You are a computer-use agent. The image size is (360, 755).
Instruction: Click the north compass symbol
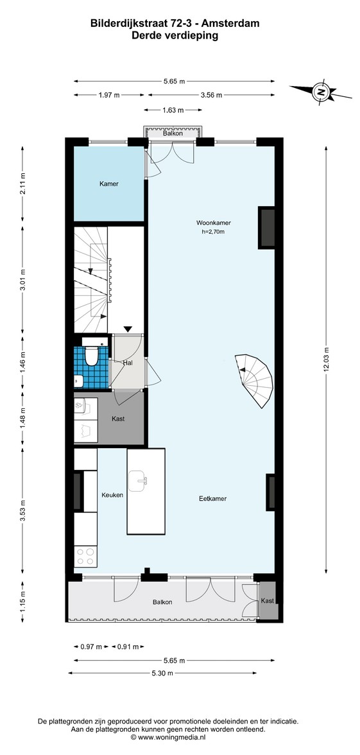320,91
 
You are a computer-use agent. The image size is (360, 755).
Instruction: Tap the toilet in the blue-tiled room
90,355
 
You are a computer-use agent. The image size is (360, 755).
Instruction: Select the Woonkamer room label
214,223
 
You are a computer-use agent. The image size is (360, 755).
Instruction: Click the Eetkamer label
213,498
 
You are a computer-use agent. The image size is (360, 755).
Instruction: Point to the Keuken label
112,494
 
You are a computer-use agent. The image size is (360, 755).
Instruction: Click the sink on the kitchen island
139,480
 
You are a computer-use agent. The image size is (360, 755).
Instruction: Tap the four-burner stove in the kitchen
86,557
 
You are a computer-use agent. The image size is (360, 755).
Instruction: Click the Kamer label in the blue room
109,184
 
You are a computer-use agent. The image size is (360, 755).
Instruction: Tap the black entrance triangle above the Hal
128,329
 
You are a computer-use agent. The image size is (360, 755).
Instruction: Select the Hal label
128,362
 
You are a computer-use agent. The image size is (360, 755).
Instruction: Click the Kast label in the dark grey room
118,419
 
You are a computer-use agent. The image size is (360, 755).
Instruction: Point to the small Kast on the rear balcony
267,600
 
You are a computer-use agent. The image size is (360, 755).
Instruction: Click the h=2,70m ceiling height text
214,232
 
